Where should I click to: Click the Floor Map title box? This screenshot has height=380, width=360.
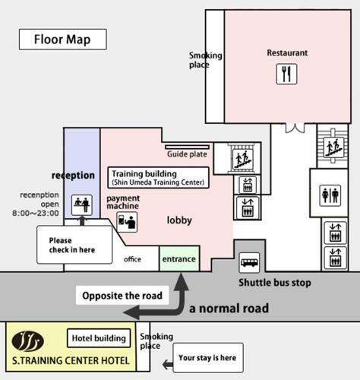pyautogui.click(x=63, y=40)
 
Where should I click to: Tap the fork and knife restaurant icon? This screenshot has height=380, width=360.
pyautogui.click(x=286, y=74)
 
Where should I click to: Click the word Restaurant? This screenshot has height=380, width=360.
pyautogui.click(x=287, y=52)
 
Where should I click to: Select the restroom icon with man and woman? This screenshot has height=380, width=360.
pyautogui.click(x=330, y=195)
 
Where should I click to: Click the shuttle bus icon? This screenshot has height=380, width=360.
pyautogui.click(x=249, y=263)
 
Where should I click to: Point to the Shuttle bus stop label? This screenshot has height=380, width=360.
pyautogui.click(x=275, y=283)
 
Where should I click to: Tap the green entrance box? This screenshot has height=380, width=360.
pyautogui.click(x=179, y=258)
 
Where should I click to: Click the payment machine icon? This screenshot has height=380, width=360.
pyautogui.click(x=127, y=222)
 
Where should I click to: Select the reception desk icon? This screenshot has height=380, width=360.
pyautogui.click(x=82, y=205)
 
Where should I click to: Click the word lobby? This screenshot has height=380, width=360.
pyautogui.click(x=179, y=220)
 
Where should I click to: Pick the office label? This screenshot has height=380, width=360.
pyautogui.click(x=132, y=259)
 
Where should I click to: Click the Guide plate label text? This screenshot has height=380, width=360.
pyautogui.click(x=187, y=154)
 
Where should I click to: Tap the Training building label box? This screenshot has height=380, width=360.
pyautogui.click(x=159, y=178)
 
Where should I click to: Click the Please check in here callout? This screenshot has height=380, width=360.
pyautogui.click(x=74, y=245)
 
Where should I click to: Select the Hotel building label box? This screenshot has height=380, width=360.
pyautogui.click(x=99, y=338)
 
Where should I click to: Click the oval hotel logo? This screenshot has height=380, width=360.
pyautogui.click(x=27, y=341)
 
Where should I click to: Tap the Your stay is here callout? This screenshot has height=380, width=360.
pyautogui.click(x=208, y=358)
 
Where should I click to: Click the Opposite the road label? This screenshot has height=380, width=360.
pyautogui.click(x=122, y=296)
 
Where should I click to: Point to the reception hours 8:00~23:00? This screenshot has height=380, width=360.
pyautogui.click(x=36, y=213)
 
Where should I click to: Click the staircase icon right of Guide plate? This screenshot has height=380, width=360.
pyautogui.click(x=243, y=160)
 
